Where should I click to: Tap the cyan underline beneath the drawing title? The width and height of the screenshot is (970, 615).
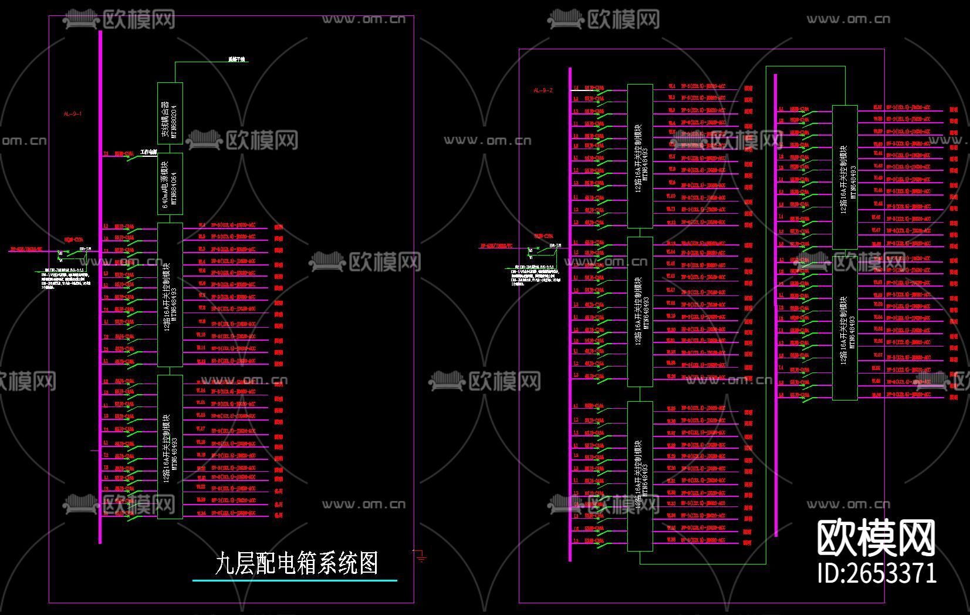pyautogui.click(x=295, y=580)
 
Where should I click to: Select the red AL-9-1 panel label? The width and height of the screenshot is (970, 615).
pyautogui.click(x=73, y=114)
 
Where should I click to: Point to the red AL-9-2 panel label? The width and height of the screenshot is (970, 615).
pyautogui.click(x=543, y=90)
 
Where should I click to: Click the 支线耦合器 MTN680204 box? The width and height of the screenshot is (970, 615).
pyautogui.click(x=170, y=113)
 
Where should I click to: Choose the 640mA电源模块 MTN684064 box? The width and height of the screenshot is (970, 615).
pyautogui.click(x=170, y=184)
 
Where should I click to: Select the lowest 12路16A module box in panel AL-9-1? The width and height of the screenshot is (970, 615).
pyautogui.click(x=170, y=446)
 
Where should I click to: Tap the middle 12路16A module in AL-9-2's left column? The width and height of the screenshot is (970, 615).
pyautogui.click(x=640, y=311)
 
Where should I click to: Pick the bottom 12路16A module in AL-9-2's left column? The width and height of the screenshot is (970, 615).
pyautogui.click(x=640, y=476)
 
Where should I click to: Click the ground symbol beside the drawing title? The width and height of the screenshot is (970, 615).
pyautogui.click(x=421, y=556)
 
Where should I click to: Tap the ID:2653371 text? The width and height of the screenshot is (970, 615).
pyautogui.click(x=877, y=573)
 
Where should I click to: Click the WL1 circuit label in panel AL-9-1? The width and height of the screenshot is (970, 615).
pyautogui.click(x=201, y=225)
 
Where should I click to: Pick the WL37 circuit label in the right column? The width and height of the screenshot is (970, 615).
pyautogui.click(x=878, y=107)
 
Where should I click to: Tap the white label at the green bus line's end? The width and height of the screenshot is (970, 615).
pyautogui.click(x=238, y=60)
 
